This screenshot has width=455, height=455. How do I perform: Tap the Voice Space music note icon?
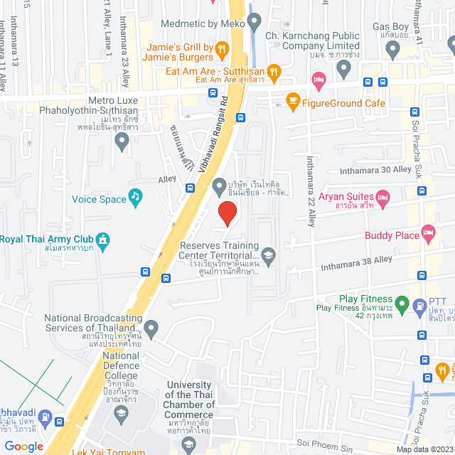135,196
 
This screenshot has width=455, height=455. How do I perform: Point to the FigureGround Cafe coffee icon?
292,101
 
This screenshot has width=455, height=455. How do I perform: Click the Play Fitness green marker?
401,306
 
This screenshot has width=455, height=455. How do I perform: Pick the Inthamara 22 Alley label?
311,191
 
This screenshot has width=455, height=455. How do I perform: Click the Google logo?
23,446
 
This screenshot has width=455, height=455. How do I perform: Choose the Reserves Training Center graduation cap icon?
268,255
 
